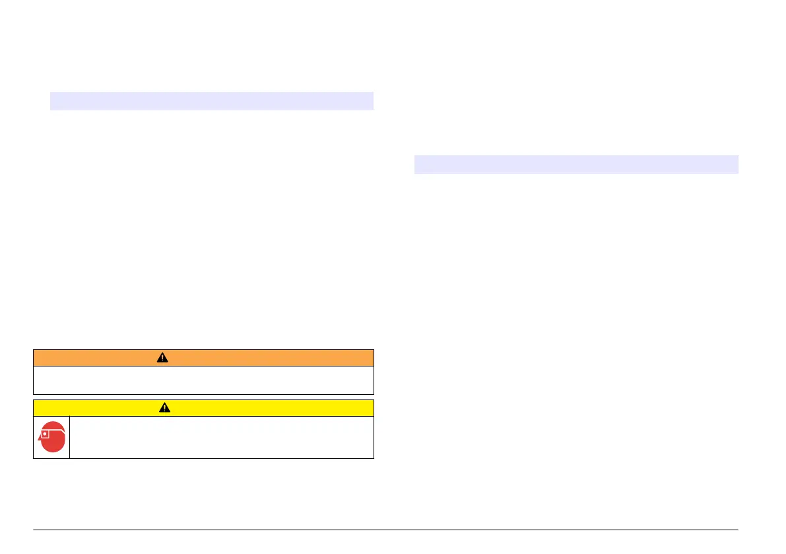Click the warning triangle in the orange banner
point(162,358)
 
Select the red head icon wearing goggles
point(51,438)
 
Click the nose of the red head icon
point(39,438)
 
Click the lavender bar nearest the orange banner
point(212,101)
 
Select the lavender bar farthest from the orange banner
point(575,164)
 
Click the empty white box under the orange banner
point(203,380)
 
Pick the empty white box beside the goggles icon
point(221,437)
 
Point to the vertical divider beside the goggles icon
point(69,437)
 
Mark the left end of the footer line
point(34,529)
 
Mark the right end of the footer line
point(738,529)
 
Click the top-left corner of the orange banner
point(34,350)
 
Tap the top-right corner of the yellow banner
point(374,400)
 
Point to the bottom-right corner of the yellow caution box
point(374,458)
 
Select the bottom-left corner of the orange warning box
point(34,394)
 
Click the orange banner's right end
point(373,358)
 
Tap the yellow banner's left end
point(34,408)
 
